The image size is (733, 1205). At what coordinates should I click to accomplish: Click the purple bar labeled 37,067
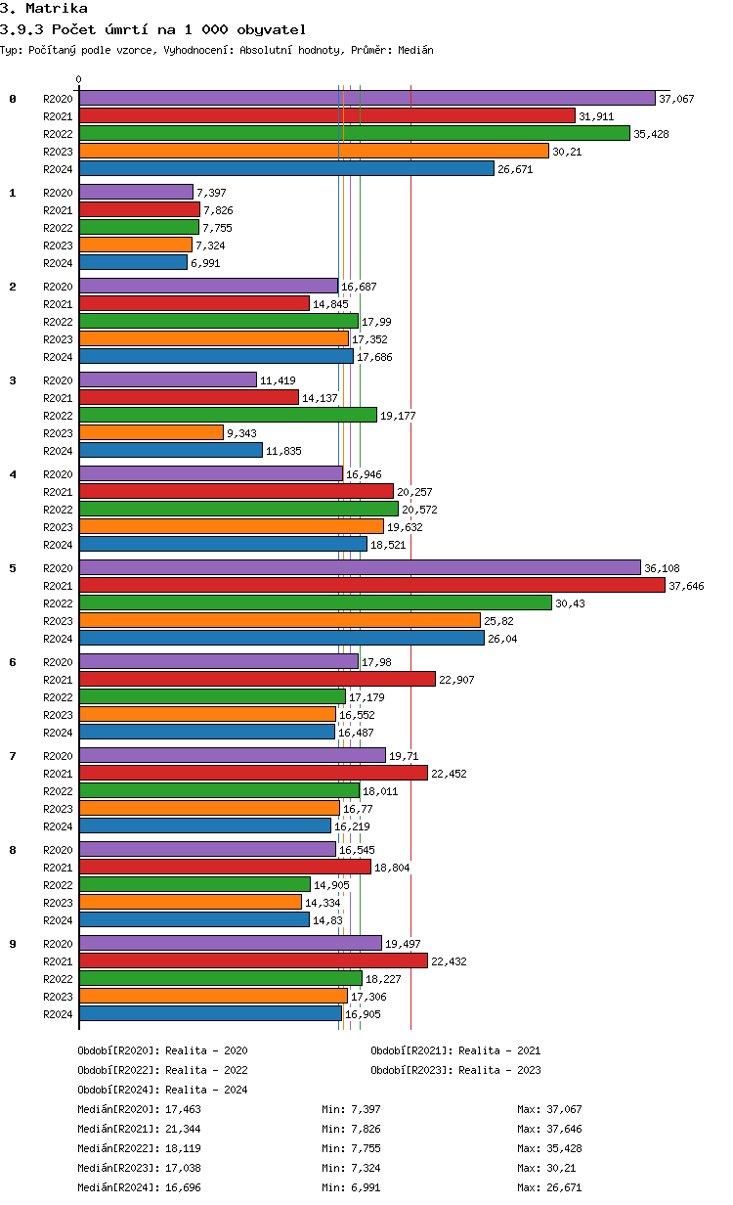click(x=366, y=98)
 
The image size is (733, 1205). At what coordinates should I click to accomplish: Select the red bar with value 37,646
click(x=371, y=585)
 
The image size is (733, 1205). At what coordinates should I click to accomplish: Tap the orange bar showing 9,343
click(x=151, y=432)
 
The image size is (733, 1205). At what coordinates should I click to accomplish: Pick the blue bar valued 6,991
click(x=133, y=262)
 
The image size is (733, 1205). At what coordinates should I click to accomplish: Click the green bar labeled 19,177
click(x=228, y=415)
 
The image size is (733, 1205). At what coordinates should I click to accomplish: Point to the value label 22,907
click(x=456, y=680)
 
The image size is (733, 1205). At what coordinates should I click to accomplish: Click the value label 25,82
click(x=497, y=621)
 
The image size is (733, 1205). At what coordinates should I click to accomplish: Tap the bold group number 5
click(x=13, y=568)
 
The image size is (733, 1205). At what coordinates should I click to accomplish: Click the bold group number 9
click(x=13, y=944)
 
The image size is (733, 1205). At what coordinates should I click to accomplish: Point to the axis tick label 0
click(x=79, y=79)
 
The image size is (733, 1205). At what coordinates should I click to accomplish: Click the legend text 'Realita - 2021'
click(x=499, y=1050)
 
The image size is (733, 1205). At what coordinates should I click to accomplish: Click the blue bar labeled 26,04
click(x=281, y=638)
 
